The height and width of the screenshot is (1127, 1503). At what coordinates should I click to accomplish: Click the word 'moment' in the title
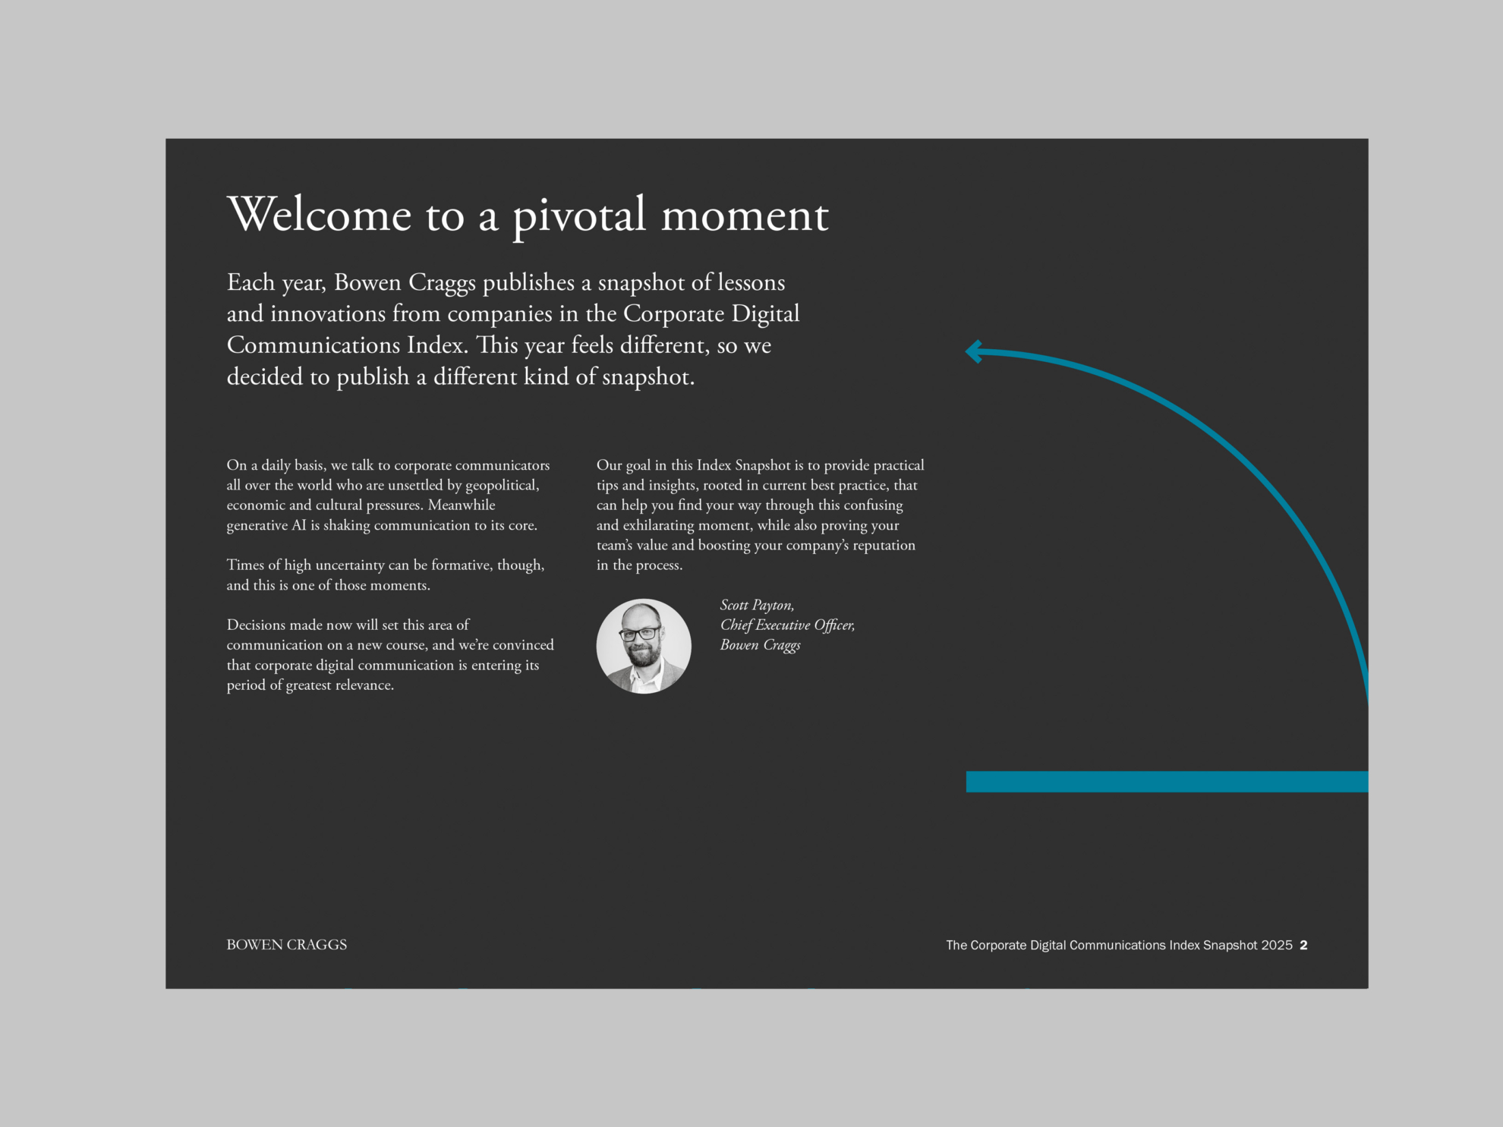[745, 216]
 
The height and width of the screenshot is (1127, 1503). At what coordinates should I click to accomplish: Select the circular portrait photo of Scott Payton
[644, 646]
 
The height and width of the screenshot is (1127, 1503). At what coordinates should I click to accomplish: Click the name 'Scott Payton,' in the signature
[757, 605]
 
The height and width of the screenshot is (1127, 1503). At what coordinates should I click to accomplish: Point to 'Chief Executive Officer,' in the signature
[787, 625]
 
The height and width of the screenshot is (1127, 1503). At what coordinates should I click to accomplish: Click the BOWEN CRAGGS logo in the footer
[286, 945]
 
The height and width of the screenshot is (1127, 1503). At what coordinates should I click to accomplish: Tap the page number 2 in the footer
[1303, 945]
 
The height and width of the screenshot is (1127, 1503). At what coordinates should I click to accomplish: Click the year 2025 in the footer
[1277, 945]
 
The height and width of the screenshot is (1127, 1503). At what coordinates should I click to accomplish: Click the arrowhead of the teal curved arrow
[974, 351]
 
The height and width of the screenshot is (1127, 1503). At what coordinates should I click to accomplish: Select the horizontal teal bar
[1167, 782]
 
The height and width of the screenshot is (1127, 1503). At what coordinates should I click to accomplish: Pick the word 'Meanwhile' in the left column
[462, 505]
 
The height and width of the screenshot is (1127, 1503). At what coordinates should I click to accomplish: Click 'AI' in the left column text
[299, 525]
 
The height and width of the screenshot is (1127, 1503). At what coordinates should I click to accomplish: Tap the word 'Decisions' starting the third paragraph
[257, 625]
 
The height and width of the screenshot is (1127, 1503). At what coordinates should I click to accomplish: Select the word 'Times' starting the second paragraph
[245, 565]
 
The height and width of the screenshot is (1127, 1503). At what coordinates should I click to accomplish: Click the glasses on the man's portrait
[640, 634]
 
